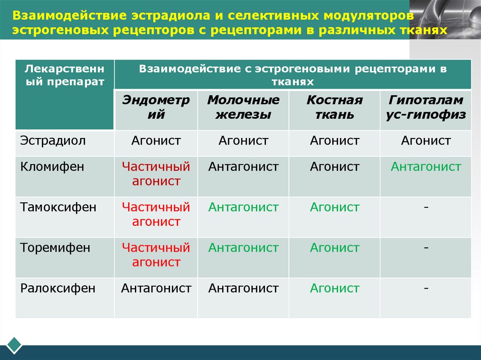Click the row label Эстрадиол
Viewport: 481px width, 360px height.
tap(53, 140)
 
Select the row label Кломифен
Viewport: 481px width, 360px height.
tap(52, 167)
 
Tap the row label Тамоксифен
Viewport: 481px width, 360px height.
tap(58, 207)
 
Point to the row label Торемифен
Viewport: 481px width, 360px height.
tap(55, 248)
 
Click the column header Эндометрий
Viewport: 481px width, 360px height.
tap(156, 107)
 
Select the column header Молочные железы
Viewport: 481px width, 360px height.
tap(243, 107)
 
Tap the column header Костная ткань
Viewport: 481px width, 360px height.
tap(334, 107)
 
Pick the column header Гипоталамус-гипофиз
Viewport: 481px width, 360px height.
tap(426, 107)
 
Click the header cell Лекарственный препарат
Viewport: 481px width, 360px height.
tap(65, 75)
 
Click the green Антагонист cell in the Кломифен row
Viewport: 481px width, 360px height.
tap(426, 167)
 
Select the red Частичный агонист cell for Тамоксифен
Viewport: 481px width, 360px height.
tap(156, 214)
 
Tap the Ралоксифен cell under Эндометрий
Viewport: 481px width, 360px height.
tap(156, 288)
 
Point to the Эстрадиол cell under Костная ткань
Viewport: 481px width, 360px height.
tap(334, 140)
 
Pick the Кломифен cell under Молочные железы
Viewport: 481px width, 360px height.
tap(243, 167)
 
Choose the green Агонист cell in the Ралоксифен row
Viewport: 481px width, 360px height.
tap(334, 288)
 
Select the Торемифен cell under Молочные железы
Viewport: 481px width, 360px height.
tap(243, 248)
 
